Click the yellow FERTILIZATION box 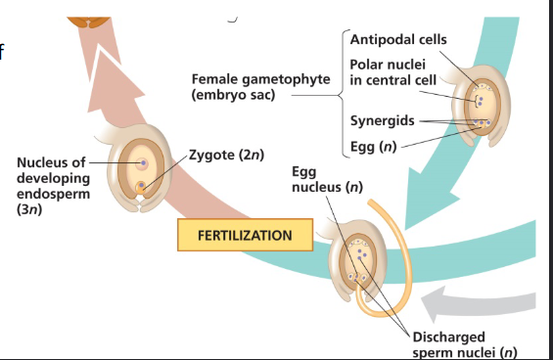point(245,236)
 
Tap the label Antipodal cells point(398,39)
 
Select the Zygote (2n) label point(227,156)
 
